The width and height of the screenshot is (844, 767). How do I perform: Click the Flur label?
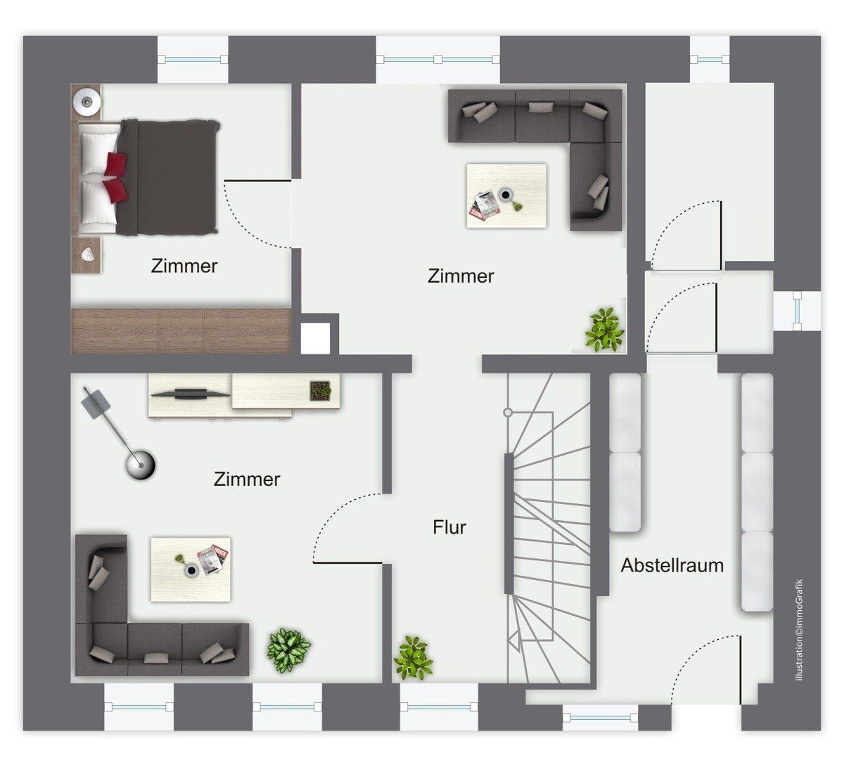pyautogui.click(x=449, y=527)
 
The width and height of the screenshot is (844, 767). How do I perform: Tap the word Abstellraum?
pyautogui.click(x=672, y=565)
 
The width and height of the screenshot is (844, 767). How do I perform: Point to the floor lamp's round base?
pyautogui.click(x=140, y=465)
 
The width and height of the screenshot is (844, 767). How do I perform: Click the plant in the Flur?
pyautogui.click(x=413, y=657)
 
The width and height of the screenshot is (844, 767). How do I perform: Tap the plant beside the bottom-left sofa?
pyautogui.click(x=289, y=650)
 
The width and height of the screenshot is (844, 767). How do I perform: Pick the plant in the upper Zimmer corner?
pyautogui.click(x=605, y=330)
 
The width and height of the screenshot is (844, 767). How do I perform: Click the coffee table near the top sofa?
pyautogui.click(x=506, y=195)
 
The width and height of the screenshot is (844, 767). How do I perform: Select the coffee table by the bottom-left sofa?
pyautogui.click(x=191, y=569)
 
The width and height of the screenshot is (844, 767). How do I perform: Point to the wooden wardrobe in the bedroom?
pyautogui.click(x=181, y=330)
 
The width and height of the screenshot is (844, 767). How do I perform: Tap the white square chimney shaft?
pyautogui.click(x=316, y=339)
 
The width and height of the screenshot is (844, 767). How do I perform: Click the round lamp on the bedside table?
pyautogui.click(x=87, y=101)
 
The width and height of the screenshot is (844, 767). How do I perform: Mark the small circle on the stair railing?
pyautogui.click(x=508, y=412)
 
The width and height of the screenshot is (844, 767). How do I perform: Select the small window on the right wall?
pyautogui.click(x=797, y=311)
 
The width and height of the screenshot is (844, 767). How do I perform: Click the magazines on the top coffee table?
pyautogui.click(x=485, y=205)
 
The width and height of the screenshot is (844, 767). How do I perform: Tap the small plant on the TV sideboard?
pyautogui.click(x=321, y=390)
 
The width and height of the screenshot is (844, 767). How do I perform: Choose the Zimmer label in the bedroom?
pyautogui.click(x=184, y=266)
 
